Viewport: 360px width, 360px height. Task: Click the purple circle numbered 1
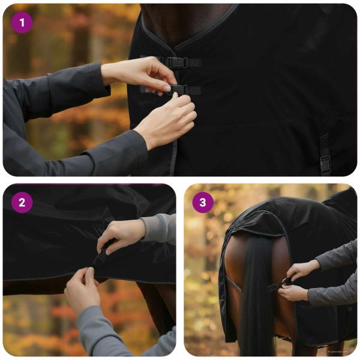pos(22,23)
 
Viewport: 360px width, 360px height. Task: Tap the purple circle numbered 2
pos(22,202)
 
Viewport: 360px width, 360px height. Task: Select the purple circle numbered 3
pos(203,202)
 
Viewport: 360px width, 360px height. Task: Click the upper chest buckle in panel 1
pos(175,62)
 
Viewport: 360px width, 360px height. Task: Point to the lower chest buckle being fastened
pos(178,89)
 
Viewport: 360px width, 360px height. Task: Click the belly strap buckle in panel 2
pos(100,257)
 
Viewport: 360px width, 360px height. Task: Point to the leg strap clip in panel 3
pos(280,284)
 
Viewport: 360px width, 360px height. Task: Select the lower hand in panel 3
pos(294,293)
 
